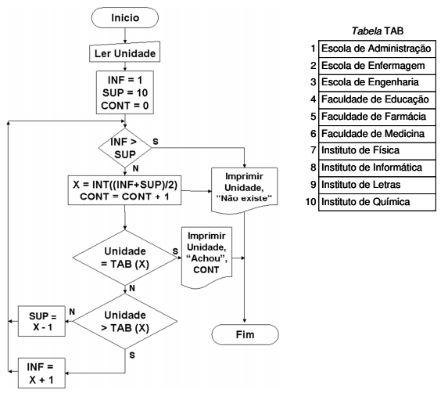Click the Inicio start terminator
[125, 18]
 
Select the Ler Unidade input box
[125, 52]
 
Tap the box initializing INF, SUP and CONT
[125, 92]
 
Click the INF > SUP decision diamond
[125, 148]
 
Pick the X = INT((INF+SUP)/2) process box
[124, 190]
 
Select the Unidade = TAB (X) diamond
[125, 258]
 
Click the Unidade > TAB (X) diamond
[125, 321]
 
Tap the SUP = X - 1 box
[41, 321]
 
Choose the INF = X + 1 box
[41, 373]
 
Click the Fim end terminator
[245, 334]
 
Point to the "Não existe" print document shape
[244, 190]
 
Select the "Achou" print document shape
[207, 257]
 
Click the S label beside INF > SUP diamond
[156, 141]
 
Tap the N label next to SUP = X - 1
[72, 312]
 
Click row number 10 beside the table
[311, 202]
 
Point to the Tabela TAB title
[378, 31]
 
